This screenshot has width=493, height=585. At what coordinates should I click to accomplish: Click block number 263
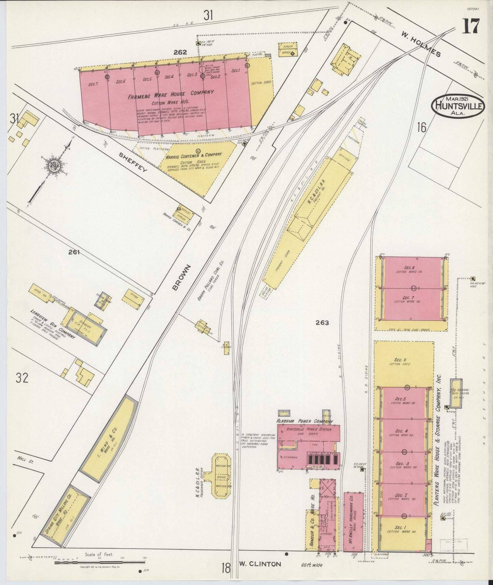pyautogui.click(x=322, y=323)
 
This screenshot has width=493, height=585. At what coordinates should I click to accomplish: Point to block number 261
pyautogui.click(x=74, y=253)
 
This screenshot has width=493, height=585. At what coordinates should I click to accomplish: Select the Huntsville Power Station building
pyautogui.click(x=309, y=440)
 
